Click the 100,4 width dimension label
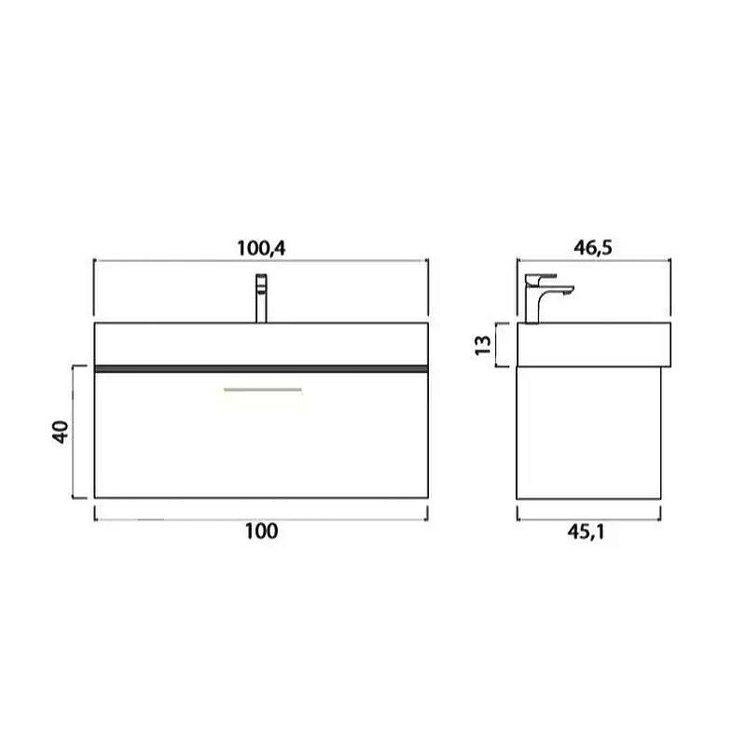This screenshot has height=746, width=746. (x=261, y=248)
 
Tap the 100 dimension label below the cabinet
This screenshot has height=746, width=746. (x=261, y=531)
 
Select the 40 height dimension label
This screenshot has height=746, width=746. (x=61, y=432)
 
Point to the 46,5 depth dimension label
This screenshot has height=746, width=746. (x=593, y=247)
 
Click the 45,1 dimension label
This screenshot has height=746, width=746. (x=587, y=532)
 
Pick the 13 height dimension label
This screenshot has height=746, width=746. (x=483, y=344)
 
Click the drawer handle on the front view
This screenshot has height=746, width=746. (x=263, y=390)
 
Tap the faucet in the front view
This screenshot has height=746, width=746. (x=261, y=298)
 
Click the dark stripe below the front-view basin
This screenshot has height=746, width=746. (x=261, y=368)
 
